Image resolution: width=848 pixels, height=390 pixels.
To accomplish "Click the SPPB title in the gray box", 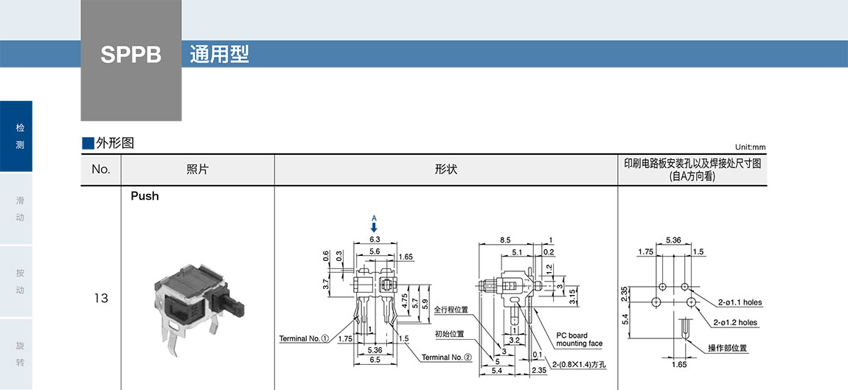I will tap(131, 55).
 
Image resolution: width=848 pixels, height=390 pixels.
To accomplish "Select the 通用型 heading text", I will tap(219, 55).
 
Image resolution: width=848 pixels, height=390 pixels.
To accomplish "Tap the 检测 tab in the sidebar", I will tap(20, 136).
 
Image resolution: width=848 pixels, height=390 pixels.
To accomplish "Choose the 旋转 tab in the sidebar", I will tap(20, 354).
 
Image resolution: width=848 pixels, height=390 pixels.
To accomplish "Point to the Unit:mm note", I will tap(750, 147).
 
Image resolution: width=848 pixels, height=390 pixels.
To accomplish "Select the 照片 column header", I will tap(198, 170).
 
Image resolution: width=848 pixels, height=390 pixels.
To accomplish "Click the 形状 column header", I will tap(446, 170).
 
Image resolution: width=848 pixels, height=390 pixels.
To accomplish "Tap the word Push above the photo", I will tap(145, 196).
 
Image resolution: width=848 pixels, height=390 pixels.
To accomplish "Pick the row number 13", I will tap(101, 299).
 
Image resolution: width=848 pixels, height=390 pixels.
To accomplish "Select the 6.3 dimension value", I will tap(374, 239).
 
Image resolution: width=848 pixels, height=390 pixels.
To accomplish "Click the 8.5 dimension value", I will tap(505, 240).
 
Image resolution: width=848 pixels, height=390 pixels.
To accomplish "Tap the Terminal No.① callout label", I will tap(304, 338).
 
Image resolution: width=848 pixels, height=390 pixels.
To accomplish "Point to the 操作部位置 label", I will tap(727, 348).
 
